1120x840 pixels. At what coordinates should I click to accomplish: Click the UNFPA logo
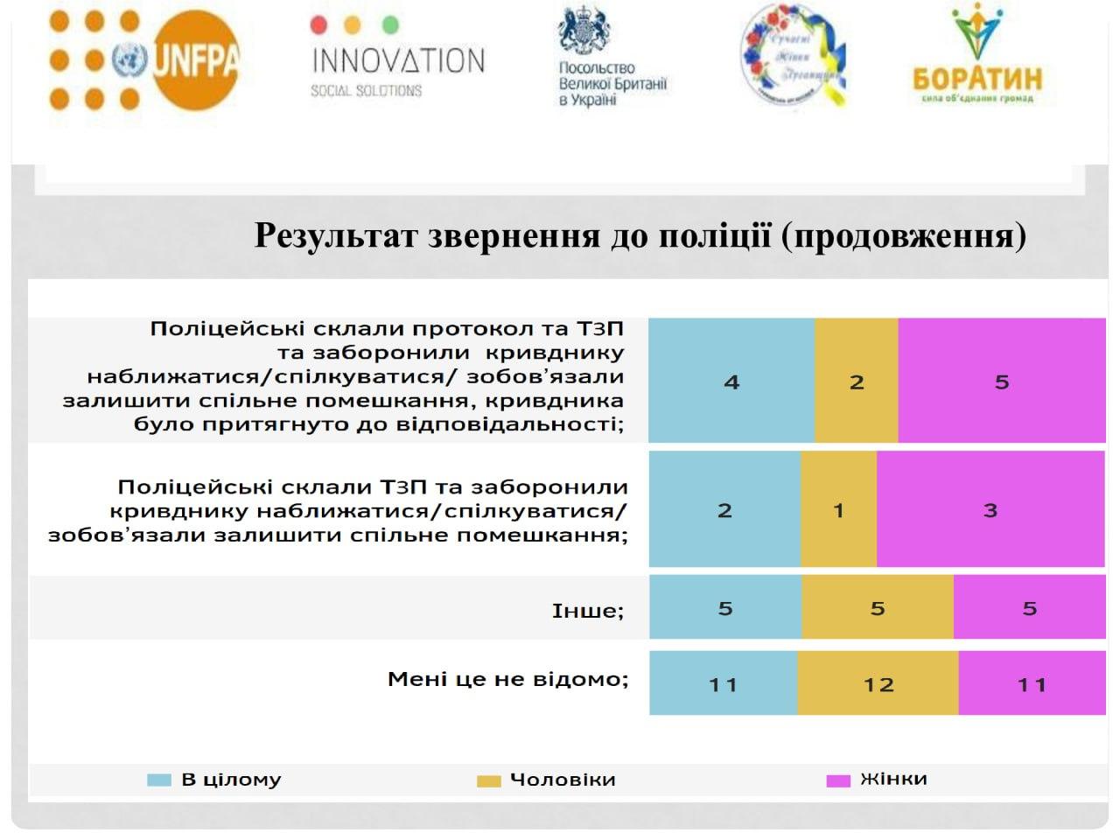pos(144,59)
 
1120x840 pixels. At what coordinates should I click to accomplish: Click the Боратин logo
pos(976,56)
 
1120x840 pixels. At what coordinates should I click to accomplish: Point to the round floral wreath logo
pos(793,58)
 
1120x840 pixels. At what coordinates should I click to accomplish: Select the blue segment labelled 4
pos(731,381)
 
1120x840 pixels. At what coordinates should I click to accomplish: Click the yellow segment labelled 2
pos(856,381)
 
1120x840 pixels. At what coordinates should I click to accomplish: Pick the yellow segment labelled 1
pos(838,510)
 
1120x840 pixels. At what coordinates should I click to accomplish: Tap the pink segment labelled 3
pos(990,510)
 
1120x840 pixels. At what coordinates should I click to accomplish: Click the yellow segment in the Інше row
pos(877,608)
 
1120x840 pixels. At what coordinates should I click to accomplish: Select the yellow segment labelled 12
pos(878,684)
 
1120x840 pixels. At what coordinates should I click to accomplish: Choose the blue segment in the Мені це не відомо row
pos(723,684)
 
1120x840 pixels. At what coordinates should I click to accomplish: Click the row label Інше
pos(587,610)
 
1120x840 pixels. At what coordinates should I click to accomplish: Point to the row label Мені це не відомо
pos(507,679)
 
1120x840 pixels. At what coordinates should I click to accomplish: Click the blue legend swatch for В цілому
pos(158,780)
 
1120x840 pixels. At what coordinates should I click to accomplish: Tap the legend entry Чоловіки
pos(562,780)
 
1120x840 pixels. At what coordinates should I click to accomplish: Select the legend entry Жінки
pos(892,779)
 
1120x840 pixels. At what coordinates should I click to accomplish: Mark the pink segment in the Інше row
pos(1029,608)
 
